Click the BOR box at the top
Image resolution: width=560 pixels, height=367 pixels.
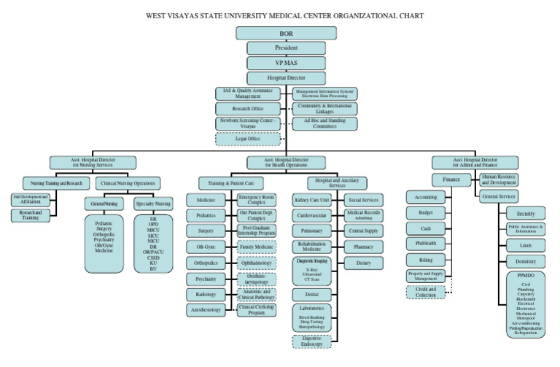[287, 34]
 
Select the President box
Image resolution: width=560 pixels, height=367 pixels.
[287, 48]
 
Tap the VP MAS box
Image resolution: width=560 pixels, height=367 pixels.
[287, 63]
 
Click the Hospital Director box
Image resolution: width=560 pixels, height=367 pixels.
[287, 77]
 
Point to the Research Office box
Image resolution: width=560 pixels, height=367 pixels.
[248, 108]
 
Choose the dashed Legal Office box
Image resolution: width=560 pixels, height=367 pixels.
[248, 139]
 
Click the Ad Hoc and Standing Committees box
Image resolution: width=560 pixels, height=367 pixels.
[324, 123]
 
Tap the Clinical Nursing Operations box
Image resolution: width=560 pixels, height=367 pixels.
[128, 182]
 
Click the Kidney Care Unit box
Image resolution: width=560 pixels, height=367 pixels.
[312, 199]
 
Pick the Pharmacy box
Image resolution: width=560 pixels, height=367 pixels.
[363, 247]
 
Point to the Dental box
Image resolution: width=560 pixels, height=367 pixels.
[312, 294]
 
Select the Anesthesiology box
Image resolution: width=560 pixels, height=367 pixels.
[206, 309]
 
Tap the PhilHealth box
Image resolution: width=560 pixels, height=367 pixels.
[426, 244]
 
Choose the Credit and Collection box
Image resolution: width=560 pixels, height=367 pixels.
[426, 292]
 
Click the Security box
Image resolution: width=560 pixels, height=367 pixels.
[525, 213]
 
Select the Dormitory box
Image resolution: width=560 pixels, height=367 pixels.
[525, 260]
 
